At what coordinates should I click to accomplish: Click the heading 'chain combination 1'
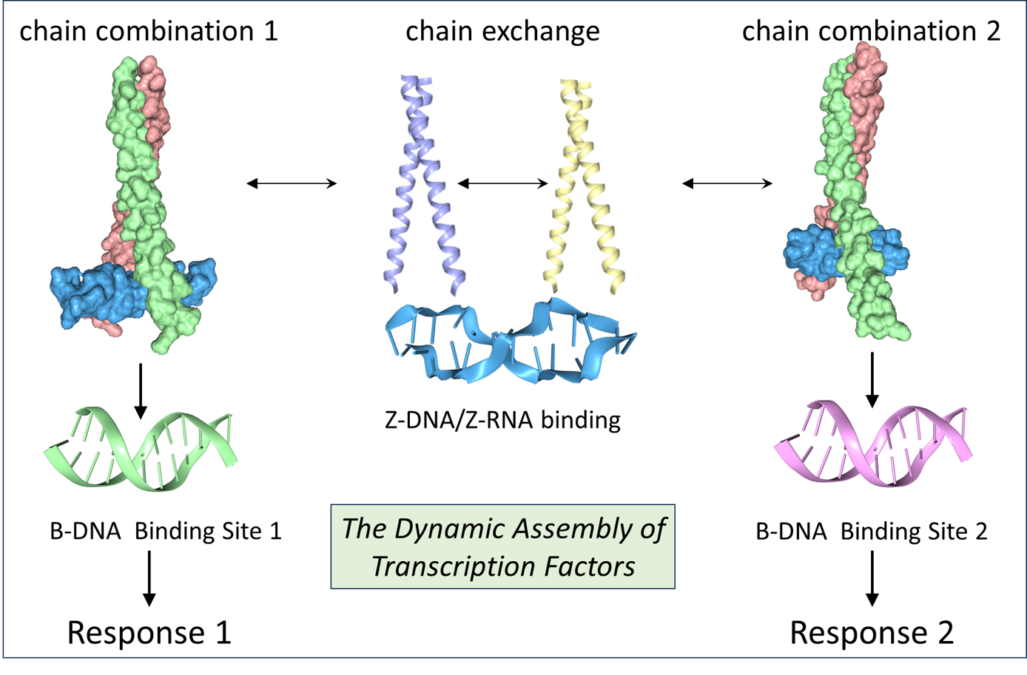(149, 31)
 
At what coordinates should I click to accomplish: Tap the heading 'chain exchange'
(502, 31)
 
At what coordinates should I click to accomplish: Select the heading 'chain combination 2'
(871, 31)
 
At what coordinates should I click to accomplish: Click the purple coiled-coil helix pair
(422, 185)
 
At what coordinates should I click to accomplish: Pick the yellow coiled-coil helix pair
(585, 185)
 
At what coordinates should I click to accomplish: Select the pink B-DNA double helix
(872, 444)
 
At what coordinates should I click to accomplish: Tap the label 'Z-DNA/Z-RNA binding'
(502, 420)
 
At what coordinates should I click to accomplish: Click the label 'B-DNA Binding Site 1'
(166, 531)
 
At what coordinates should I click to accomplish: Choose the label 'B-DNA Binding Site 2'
(871, 531)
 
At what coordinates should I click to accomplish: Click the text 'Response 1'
(149, 633)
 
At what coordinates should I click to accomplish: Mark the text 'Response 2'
(871, 633)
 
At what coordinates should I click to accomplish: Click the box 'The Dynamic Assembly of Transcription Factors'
(502, 547)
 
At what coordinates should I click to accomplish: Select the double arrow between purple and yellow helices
(502, 183)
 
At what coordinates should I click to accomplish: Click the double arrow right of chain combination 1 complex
(292, 183)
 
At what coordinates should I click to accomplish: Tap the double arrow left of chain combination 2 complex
(727, 183)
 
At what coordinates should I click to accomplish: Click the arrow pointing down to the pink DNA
(872, 379)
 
